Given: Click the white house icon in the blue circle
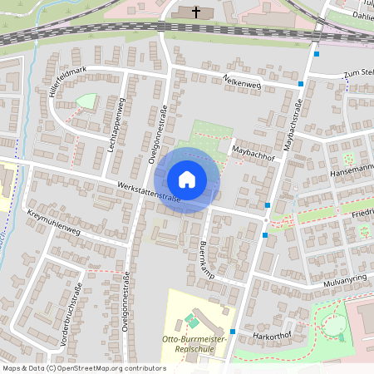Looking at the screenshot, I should point(187,179).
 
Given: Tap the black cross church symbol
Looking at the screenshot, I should point(197,12).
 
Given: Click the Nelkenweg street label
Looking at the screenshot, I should point(242,81).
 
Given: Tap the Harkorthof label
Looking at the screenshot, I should point(271,337).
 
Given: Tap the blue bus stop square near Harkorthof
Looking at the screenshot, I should point(233,332).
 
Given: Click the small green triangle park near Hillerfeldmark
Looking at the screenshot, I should point(86,101).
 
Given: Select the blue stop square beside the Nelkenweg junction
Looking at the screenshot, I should point(300,84).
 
